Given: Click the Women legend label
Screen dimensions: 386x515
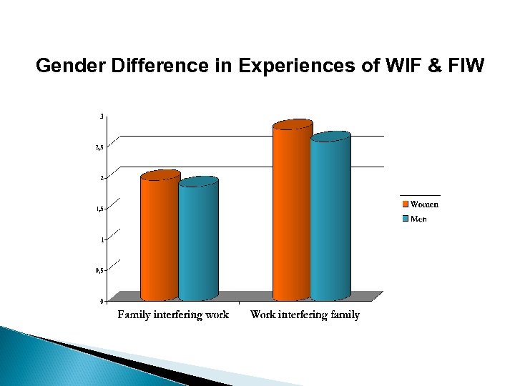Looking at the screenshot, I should click(x=424, y=204).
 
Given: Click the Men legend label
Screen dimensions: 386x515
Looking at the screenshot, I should click(x=418, y=219).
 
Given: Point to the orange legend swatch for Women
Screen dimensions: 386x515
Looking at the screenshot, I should click(x=404, y=204).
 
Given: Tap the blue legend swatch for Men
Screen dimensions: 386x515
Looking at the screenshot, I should click(x=404, y=219).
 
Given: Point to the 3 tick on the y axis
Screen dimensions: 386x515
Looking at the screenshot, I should click(x=102, y=116).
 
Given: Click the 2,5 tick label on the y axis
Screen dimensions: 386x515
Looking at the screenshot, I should click(x=99, y=147).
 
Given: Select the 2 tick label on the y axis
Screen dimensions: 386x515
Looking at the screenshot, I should click(x=102, y=177).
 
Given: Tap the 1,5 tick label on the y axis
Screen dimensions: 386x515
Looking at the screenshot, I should click(x=99, y=209).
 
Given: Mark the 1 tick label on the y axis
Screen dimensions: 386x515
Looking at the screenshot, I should click(x=102, y=239).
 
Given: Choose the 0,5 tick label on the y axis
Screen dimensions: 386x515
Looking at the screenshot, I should click(x=99, y=270).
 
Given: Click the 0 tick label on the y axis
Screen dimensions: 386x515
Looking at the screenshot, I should click(x=102, y=301).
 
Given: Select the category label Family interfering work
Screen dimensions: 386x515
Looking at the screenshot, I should click(x=173, y=315).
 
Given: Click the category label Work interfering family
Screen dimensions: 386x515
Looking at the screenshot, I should click(x=305, y=315).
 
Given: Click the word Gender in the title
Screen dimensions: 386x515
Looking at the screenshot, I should click(x=67, y=66).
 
